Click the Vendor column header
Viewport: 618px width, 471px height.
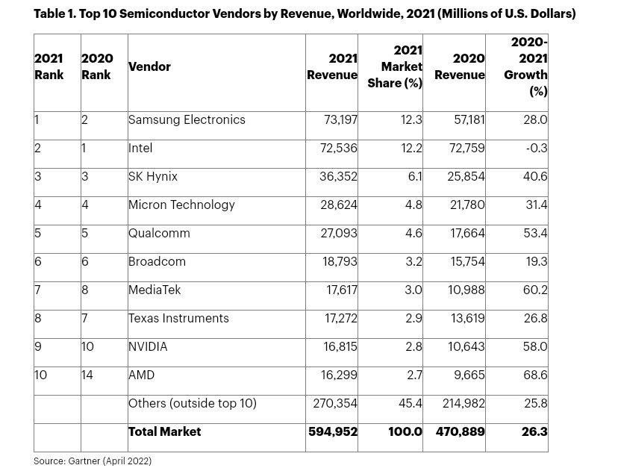point(149,66)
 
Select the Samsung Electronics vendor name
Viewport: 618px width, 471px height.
point(187,120)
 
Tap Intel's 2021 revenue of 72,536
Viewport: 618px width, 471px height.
point(339,149)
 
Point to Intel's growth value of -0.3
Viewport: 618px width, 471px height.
point(537,149)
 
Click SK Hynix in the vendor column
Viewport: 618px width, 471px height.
point(153,177)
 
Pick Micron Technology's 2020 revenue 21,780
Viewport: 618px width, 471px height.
point(467,205)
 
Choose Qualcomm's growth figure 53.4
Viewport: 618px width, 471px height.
point(535,234)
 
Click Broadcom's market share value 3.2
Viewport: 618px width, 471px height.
point(413,262)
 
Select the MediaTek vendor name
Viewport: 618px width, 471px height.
point(154,290)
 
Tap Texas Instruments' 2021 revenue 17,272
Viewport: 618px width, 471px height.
point(341,319)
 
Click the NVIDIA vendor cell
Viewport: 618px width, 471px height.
point(148,347)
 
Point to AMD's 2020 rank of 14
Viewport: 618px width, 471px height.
point(87,375)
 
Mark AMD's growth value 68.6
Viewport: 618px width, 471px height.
point(535,375)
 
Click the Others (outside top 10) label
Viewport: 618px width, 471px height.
point(193,404)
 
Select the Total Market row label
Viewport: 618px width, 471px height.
point(165,432)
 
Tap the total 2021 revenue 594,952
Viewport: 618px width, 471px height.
point(333,432)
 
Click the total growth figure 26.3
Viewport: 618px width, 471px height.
point(534,432)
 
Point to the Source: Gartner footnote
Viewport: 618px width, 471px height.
point(93,461)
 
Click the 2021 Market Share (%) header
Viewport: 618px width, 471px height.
point(395,66)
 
